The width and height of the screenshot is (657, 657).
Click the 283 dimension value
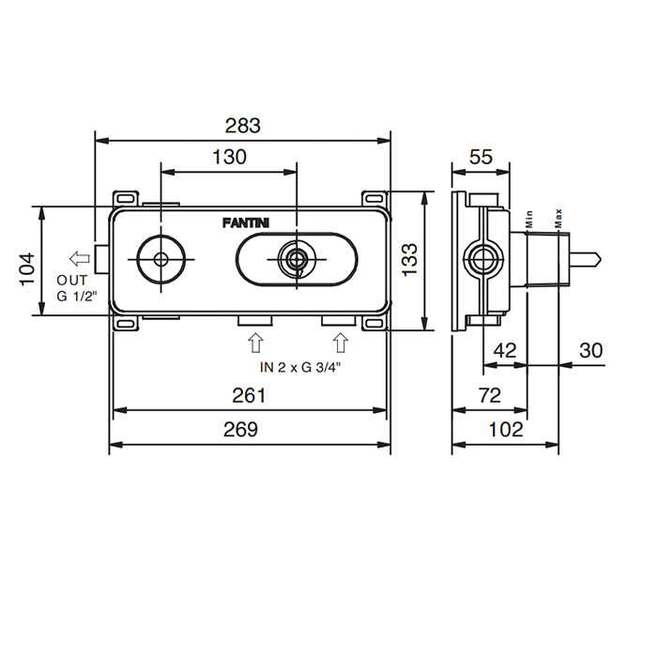(242, 125)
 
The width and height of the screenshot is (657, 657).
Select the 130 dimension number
(229, 157)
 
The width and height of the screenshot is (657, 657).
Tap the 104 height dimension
(27, 269)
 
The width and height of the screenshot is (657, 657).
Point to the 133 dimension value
(409, 259)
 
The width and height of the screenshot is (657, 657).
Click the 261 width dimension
(249, 395)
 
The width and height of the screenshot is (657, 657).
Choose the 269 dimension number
(240, 430)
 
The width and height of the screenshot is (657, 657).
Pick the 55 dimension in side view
(481, 157)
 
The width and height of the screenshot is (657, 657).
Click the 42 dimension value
(505, 350)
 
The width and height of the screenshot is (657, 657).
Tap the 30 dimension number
(590, 350)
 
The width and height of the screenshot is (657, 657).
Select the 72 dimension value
(489, 395)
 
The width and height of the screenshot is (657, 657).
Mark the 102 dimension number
(506, 430)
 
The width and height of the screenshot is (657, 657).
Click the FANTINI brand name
(246, 223)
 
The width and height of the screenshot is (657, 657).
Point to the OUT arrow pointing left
(80, 258)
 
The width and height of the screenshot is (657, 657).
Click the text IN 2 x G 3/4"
(300, 367)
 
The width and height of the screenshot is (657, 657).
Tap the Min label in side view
(528, 219)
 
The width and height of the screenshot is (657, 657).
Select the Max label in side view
(558, 219)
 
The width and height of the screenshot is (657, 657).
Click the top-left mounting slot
(125, 198)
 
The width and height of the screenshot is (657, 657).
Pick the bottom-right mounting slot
(374, 324)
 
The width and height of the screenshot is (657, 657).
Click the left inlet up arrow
(255, 343)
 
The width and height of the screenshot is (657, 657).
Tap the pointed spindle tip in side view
(602, 259)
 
